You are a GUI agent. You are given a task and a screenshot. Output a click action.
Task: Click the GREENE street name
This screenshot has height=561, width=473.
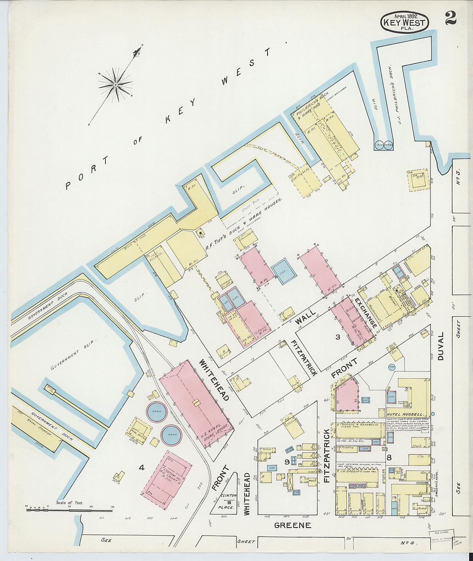(292, 525)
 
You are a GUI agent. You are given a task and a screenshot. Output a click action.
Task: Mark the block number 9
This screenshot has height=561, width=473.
(286, 462)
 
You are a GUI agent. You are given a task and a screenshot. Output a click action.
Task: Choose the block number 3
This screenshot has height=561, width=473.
(338, 337)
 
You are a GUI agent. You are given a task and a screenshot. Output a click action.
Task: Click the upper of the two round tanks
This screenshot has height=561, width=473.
(157, 412)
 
